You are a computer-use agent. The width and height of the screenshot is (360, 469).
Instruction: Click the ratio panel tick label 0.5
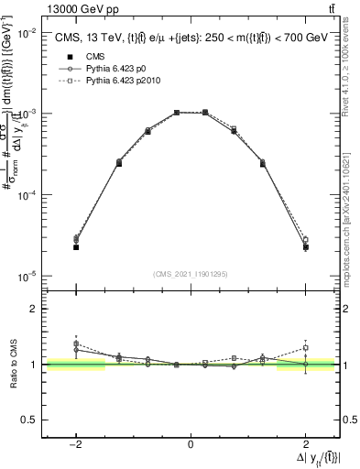point(29,420)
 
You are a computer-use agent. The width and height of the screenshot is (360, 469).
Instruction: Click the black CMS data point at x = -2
point(77,247)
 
